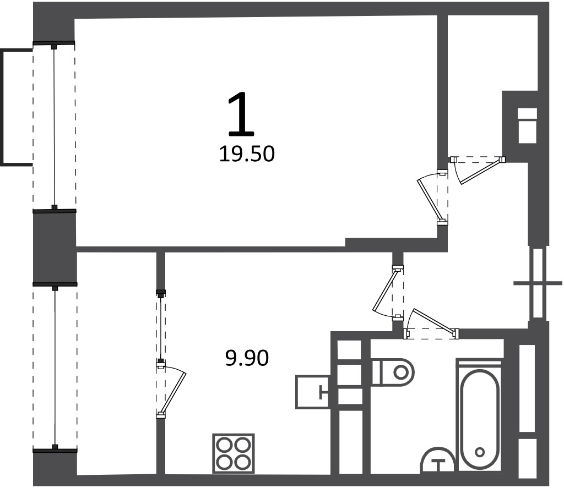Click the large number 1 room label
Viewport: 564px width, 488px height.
point(241,114)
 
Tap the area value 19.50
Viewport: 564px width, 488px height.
point(247,154)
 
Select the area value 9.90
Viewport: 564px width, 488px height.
point(247,358)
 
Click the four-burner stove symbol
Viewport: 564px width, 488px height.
point(234,453)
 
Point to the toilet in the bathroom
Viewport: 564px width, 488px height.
point(393,371)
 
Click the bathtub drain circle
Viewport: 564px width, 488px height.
point(480,452)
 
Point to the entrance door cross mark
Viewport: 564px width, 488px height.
point(538,283)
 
